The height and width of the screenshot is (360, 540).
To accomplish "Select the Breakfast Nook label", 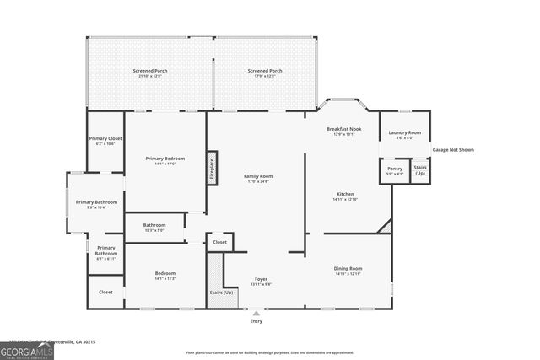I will click(343, 131).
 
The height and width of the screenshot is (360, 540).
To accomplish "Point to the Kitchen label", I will click(345, 196).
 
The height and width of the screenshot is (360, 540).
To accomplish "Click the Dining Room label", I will click(348, 271).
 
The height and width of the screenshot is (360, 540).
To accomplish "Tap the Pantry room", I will click(395, 170).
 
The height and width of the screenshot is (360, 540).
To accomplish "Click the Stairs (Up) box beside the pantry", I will click(420, 170).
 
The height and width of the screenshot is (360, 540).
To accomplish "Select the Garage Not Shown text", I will click(453, 150).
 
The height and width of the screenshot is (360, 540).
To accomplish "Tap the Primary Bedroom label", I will click(165, 160).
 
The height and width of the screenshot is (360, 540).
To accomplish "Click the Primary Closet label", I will click(105, 140).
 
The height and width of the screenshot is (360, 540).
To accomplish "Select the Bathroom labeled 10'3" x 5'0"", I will click(154, 227).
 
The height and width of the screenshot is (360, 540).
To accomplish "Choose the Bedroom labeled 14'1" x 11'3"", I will click(165, 275).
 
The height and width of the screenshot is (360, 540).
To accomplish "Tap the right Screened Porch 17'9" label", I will click(265, 73).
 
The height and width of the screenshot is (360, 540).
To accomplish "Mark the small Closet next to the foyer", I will click(219, 242).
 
